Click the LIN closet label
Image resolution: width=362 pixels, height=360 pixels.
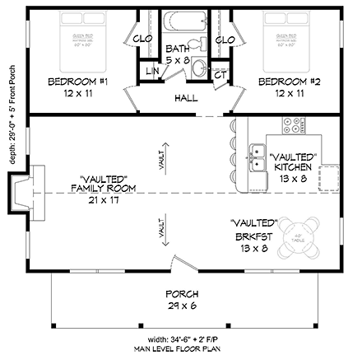[x=151, y=73]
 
